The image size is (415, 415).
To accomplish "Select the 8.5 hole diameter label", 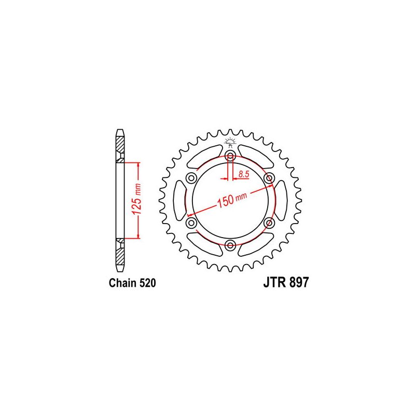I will coord(244,175).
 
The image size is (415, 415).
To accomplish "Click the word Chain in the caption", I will coord(122,283).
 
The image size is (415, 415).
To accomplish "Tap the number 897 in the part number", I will coord(298,283).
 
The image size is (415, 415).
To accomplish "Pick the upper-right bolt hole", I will coord(269,178).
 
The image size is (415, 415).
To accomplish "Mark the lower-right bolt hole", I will coord(269,223).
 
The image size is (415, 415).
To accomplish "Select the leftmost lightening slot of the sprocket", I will coord(179,200).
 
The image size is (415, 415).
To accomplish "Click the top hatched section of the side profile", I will coord(120,145).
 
